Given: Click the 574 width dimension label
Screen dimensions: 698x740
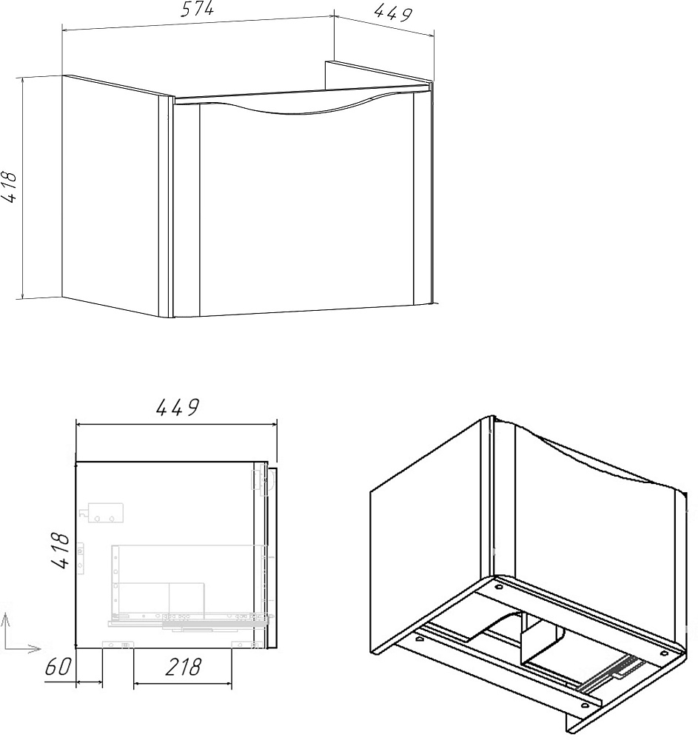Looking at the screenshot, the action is (198, 10).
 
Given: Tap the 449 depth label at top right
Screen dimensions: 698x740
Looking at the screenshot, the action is (392, 13).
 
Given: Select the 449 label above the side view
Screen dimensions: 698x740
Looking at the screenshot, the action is (178, 407).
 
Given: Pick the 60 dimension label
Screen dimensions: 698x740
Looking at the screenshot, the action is (58, 667).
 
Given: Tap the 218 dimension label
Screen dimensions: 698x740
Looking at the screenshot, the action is (183, 667).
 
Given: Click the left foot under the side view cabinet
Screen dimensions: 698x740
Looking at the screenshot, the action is (118, 645).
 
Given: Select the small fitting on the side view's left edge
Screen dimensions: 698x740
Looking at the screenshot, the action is (81, 558).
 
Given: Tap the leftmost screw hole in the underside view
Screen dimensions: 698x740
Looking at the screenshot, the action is (419, 639).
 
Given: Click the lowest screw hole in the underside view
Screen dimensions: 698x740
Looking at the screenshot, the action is (585, 706).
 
